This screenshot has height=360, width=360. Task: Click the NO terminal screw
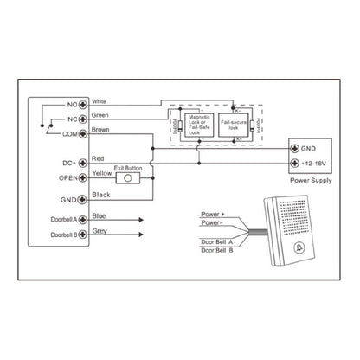point(83,104)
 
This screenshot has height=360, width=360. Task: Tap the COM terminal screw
point(83,133)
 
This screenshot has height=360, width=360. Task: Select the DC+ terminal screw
point(83,162)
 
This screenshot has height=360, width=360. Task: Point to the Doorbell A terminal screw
point(83,220)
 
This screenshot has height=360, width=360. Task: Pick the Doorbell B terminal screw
point(83,235)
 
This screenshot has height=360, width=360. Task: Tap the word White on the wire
point(100,100)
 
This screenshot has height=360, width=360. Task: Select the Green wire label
point(100,115)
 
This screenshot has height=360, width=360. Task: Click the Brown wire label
point(101,130)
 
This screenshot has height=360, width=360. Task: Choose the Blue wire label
point(99,216)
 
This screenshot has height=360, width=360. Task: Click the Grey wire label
point(100,231)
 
